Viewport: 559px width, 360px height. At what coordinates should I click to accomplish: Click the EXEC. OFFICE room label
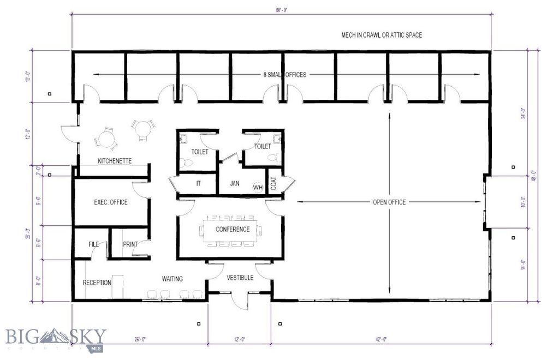(x=111, y=202)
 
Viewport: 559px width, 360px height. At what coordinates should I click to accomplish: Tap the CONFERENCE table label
(x=233, y=229)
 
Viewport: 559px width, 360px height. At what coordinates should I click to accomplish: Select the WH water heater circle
(x=258, y=188)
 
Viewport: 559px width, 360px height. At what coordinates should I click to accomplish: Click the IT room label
(x=198, y=184)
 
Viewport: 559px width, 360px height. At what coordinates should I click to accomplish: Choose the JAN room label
(x=236, y=184)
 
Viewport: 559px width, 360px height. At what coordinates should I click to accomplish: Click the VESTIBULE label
(x=240, y=278)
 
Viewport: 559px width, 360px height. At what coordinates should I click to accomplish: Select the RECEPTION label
(x=97, y=283)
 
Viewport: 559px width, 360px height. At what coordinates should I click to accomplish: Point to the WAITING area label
(x=172, y=279)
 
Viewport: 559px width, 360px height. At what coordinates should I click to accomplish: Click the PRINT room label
(x=130, y=244)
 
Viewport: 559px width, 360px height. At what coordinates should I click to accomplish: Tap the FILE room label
(x=94, y=244)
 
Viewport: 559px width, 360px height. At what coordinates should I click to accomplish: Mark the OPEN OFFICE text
(x=389, y=202)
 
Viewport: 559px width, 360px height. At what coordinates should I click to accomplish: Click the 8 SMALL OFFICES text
(x=284, y=74)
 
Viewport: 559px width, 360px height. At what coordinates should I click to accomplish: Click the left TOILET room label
(x=200, y=152)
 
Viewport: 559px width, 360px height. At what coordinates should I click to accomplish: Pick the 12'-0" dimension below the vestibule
(x=240, y=339)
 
